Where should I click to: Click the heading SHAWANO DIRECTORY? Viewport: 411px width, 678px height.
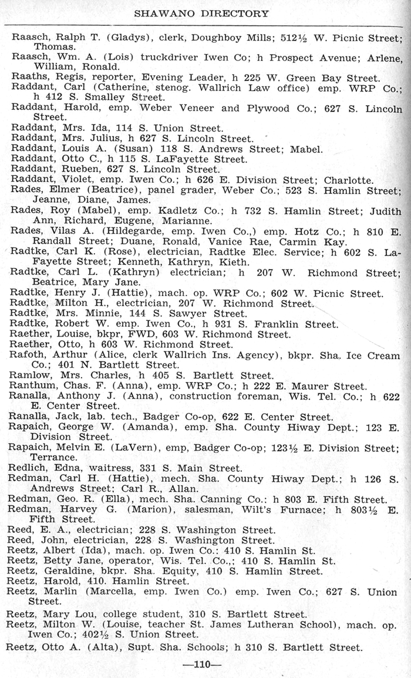[x=201, y=13]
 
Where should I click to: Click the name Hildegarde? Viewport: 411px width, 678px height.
[x=121, y=231]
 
